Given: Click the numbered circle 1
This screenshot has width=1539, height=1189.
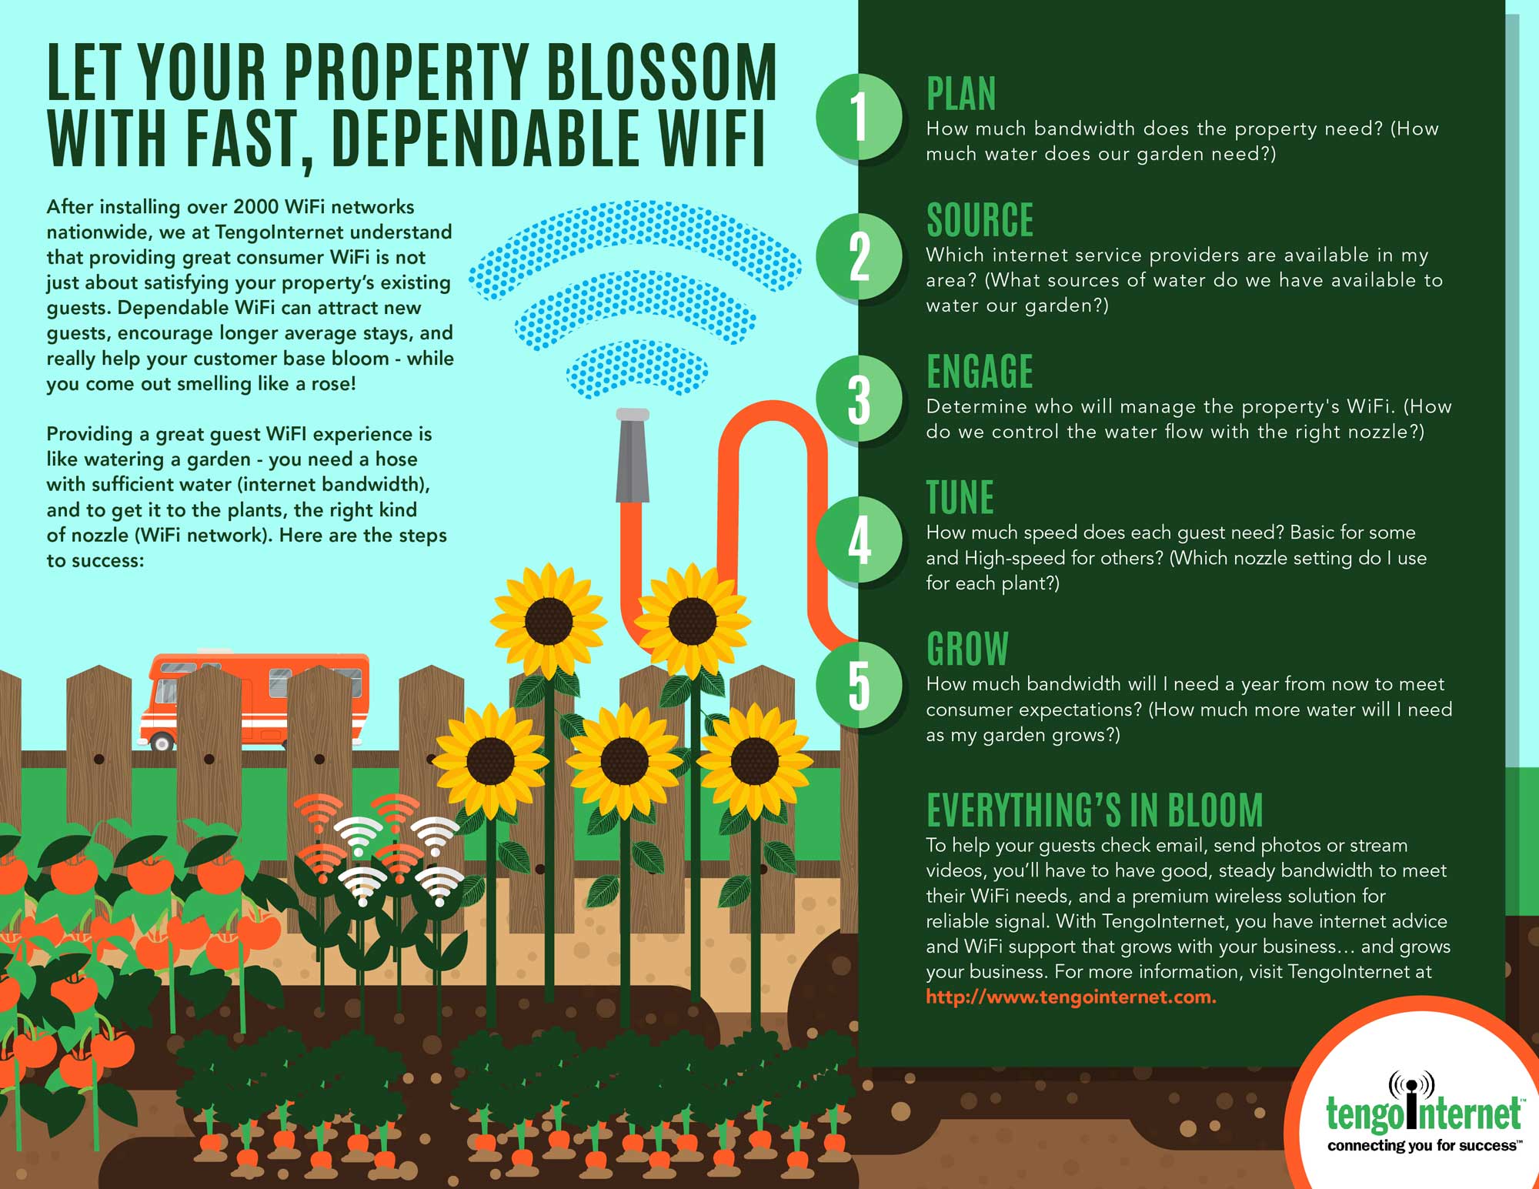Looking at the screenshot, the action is coord(859,116).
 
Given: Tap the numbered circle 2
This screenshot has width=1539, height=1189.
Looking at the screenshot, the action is coord(859,256).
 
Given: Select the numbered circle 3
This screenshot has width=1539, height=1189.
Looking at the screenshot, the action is coord(859,399).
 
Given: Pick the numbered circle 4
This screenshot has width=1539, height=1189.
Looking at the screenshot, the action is coord(859,539).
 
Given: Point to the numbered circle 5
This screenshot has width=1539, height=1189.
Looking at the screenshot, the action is coord(859,684).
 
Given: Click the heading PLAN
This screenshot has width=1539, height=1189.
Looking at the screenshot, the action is coord(961,94).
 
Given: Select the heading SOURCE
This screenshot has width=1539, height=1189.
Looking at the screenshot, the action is coord(980,220).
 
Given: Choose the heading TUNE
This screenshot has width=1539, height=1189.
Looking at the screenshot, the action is coord(960,497).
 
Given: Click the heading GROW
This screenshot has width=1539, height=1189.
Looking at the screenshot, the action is coord(967,649).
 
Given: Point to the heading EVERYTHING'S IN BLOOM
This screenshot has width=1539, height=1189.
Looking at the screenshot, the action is coord(1095,810).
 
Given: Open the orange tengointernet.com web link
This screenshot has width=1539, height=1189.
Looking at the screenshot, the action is coord(1070,997).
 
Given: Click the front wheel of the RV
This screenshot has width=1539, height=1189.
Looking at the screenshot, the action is coord(162,742).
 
